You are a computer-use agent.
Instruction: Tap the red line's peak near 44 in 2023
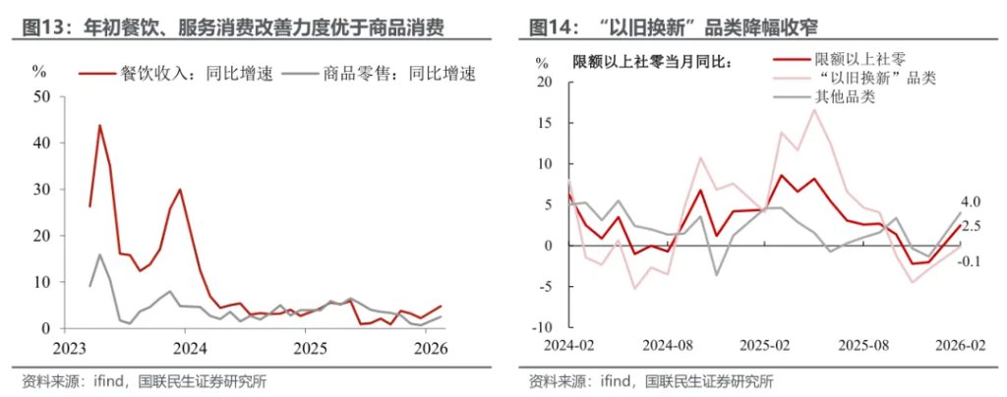[x=99, y=125]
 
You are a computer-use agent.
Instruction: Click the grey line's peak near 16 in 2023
[x=99, y=255]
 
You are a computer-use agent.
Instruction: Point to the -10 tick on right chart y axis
[x=542, y=327]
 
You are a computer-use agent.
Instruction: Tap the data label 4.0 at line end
[x=971, y=202]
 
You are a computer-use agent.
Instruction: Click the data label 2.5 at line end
[x=971, y=226]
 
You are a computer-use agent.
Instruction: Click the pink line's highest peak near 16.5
[x=814, y=109]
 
